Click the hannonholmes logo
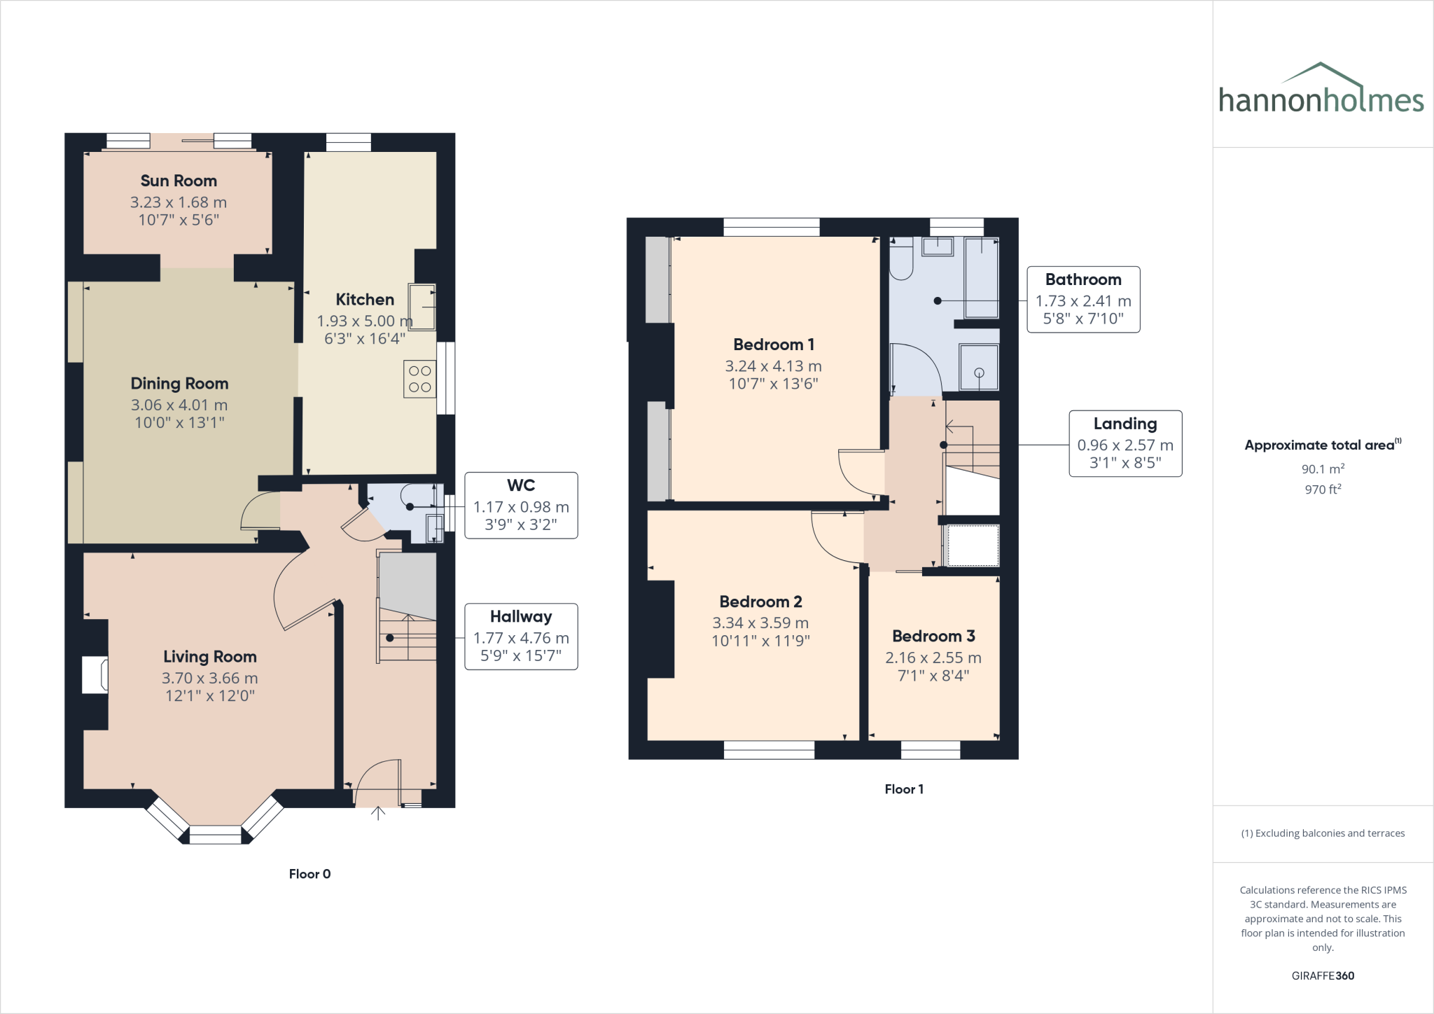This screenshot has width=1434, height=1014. pyautogui.click(x=1321, y=91)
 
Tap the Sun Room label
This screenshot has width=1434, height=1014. pyautogui.click(x=179, y=181)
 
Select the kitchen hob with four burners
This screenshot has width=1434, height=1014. pyautogui.click(x=419, y=379)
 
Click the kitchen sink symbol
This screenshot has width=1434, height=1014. pyautogui.click(x=422, y=307)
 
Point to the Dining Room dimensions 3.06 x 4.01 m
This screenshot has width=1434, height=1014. pyautogui.click(x=179, y=405)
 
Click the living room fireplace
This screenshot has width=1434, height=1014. pyautogui.click(x=95, y=674)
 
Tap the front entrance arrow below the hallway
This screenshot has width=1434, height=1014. pyautogui.click(x=378, y=813)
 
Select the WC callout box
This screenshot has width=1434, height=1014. pyautogui.click(x=521, y=505)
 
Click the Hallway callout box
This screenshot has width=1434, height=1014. pyautogui.click(x=521, y=636)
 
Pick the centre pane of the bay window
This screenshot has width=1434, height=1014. pyautogui.click(x=215, y=835)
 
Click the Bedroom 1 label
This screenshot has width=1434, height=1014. pyautogui.click(x=773, y=345)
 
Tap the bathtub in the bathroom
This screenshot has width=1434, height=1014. pyautogui.click(x=981, y=277)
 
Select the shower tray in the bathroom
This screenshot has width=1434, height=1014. pyautogui.click(x=978, y=367)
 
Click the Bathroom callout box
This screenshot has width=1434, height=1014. pyautogui.click(x=1083, y=299)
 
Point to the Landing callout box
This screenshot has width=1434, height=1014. pyautogui.click(x=1125, y=443)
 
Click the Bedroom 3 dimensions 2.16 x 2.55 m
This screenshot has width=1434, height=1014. pyautogui.click(x=933, y=658)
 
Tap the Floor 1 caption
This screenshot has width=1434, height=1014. pyautogui.click(x=903, y=789)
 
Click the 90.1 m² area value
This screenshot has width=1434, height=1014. pyautogui.click(x=1322, y=469)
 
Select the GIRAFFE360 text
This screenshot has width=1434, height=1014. pyautogui.click(x=1322, y=975)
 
